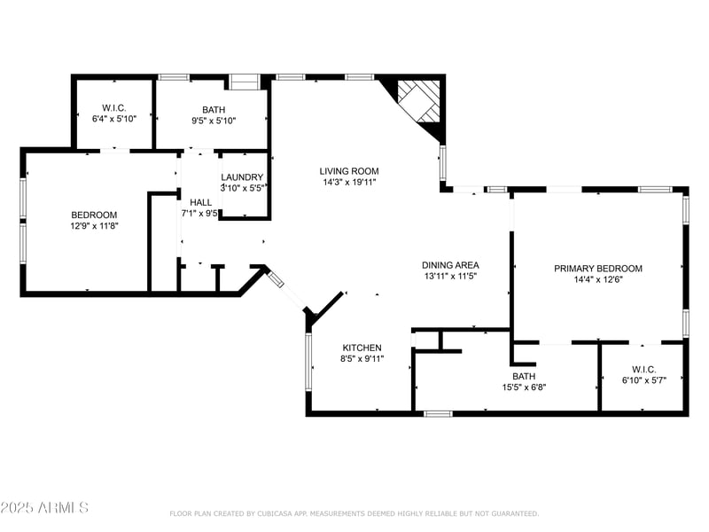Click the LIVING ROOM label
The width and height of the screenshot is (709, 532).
pyautogui.click(x=349, y=171)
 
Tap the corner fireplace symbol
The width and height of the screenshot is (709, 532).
pyautogui.click(x=417, y=102)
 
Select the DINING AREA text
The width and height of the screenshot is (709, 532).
pyautogui.click(x=450, y=265)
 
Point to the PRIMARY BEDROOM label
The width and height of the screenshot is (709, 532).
pyautogui.click(x=598, y=269)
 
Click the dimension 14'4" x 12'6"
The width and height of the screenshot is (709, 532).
pyautogui.click(x=598, y=280)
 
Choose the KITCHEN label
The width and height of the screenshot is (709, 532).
pyautogui.click(x=362, y=348)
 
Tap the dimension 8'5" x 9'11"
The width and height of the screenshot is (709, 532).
pyautogui.click(x=362, y=359)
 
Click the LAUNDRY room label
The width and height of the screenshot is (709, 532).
pyautogui.click(x=242, y=177)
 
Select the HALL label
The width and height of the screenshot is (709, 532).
pyautogui.click(x=200, y=202)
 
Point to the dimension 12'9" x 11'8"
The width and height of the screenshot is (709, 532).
pyautogui.click(x=94, y=227)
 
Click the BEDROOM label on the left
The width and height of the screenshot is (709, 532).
pyautogui.click(x=94, y=215)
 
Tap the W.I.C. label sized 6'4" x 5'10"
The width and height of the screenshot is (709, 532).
pyautogui.click(x=113, y=107)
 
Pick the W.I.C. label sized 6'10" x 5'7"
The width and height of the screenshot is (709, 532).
pyautogui.click(x=644, y=369)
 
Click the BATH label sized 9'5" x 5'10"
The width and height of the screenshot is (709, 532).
pyautogui.click(x=214, y=109)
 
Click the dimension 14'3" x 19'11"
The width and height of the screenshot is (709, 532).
pyautogui.click(x=349, y=183)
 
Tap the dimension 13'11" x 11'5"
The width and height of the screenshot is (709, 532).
pyautogui.click(x=450, y=277)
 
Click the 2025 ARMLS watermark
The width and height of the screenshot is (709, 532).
pyautogui.click(x=44, y=507)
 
